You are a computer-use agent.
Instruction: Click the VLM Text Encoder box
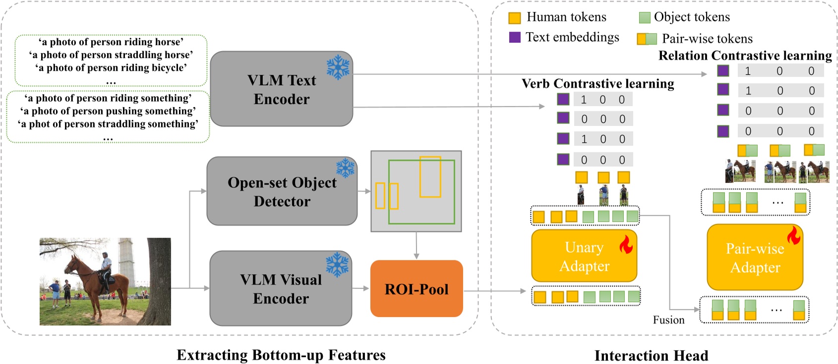coord(281,89)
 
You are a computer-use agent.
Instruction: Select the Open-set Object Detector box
coord(282,192)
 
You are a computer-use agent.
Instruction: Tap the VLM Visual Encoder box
coord(281,289)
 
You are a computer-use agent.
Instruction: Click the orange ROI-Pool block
coord(417,289)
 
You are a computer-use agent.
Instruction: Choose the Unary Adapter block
coord(584,256)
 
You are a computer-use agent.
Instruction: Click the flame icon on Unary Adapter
coord(626,244)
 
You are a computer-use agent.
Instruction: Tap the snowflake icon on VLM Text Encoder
coord(338,67)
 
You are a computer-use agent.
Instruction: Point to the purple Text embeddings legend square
coord(515,37)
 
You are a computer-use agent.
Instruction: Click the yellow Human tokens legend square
coord(515,18)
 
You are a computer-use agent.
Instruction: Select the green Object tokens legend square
coord(644,18)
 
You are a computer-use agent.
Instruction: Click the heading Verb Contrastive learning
coord(598,84)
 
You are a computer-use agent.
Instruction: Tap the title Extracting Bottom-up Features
coord(281,355)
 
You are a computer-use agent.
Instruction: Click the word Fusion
coord(668,320)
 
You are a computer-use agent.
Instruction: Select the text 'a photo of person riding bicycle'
coord(111,68)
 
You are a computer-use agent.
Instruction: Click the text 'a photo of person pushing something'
coord(108,111)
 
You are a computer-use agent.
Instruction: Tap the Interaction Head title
coord(651,356)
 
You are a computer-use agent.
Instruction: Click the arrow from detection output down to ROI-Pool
coord(417,245)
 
